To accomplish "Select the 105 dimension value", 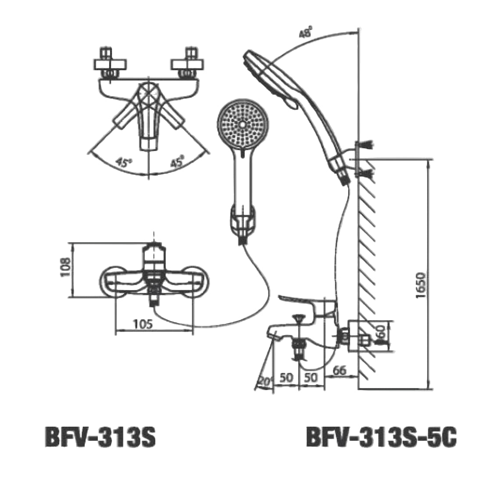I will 143,325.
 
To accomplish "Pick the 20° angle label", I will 263,381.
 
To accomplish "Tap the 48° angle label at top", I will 306,33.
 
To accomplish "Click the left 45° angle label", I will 124,162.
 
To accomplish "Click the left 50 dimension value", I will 286,378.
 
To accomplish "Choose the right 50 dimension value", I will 311,378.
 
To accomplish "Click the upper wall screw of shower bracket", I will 365,145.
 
